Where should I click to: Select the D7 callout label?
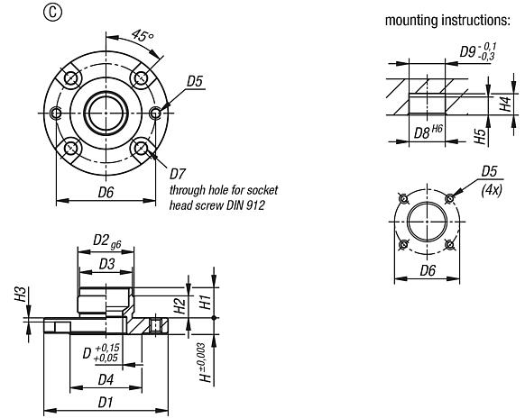178,172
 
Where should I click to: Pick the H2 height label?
181,305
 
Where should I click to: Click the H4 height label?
507,104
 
